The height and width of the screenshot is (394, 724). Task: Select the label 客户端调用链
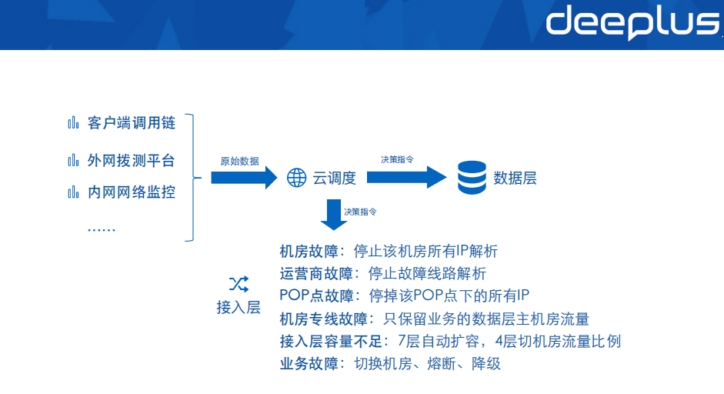pyautogui.click(x=131, y=123)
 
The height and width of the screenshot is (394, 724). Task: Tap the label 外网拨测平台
pyautogui.click(x=131, y=160)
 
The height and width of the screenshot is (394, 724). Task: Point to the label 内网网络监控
pyautogui.click(x=131, y=192)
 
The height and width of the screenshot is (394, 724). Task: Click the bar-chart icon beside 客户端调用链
pyautogui.click(x=74, y=123)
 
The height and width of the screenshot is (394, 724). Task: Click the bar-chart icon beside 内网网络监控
pyautogui.click(x=74, y=192)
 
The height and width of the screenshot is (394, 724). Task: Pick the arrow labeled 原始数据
pyautogui.click(x=243, y=179)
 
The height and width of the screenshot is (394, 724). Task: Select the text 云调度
pyautogui.click(x=334, y=179)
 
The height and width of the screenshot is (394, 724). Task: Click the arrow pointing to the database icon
pyautogui.click(x=405, y=178)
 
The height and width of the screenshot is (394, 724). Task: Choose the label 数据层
pyautogui.click(x=515, y=179)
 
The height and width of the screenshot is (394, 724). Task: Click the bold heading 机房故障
pyautogui.click(x=307, y=252)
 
